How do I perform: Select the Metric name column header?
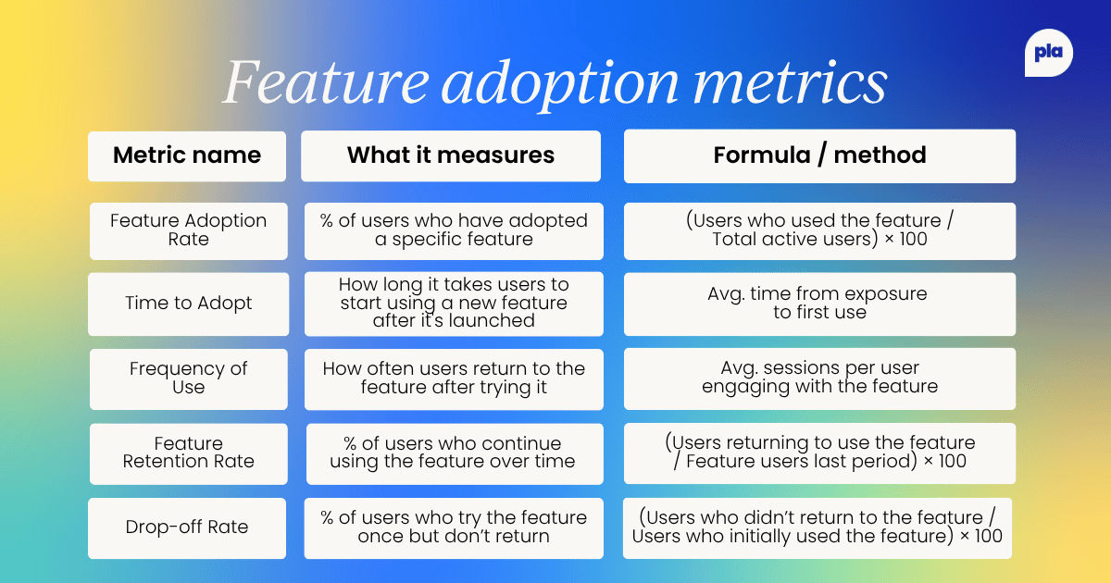(187, 155)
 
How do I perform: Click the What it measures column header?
(451, 155)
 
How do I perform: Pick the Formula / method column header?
(819, 155)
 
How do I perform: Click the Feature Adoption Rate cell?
(188, 230)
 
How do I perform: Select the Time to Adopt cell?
(188, 304)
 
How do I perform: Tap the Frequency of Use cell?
(188, 378)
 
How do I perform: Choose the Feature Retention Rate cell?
(188, 453)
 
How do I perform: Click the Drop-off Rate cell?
(188, 527)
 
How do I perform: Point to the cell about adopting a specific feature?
(454, 230)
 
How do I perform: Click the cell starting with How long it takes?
(454, 304)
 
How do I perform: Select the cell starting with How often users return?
(454, 378)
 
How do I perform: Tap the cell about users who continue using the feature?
(454, 453)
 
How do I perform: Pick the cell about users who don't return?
(454, 527)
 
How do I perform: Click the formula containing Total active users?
(819, 230)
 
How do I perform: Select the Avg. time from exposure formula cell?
(819, 304)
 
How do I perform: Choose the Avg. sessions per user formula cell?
(819, 378)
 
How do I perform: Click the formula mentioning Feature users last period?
(819, 453)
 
